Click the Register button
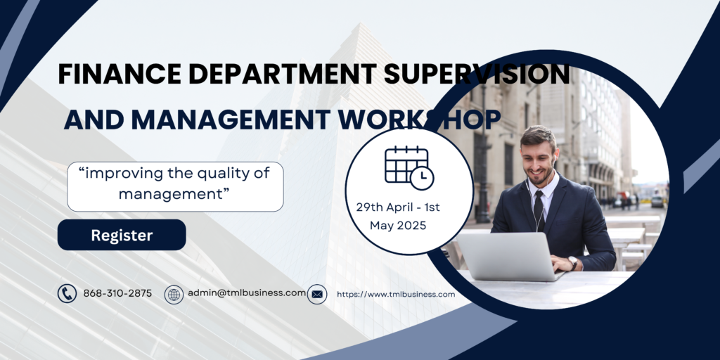click(122, 235)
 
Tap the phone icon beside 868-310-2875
click(67, 293)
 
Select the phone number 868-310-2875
click(117, 293)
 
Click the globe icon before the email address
click(174, 295)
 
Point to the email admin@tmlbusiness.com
click(247, 293)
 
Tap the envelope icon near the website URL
click(317, 295)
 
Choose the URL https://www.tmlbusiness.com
click(396, 295)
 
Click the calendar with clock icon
click(409, 167)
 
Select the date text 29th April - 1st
click(398, 207)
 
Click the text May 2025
click(398, 226)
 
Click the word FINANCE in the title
click(120, 74)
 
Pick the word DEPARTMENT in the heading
click(283, 74)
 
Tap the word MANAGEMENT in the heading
click(230, 120)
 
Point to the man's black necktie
click(539, 210)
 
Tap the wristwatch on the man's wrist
click(572, 263)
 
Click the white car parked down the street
click(657, 201)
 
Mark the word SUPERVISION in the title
click(477, 74)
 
